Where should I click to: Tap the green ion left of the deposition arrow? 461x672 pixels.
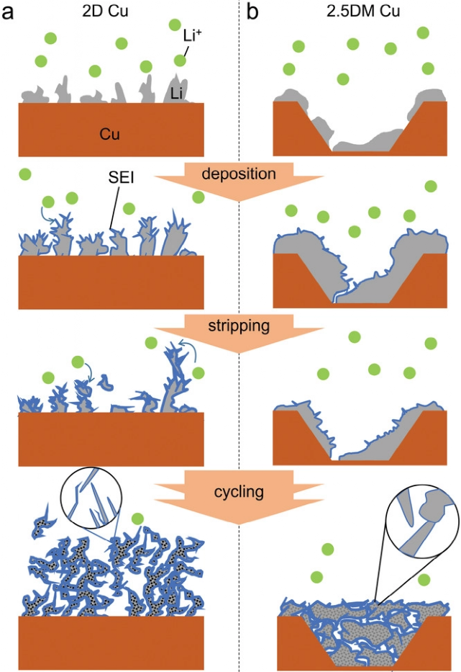[x=25, y=174]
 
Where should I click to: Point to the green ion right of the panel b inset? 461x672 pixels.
[x=424, y=579]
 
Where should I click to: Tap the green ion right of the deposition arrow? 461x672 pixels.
[x=431, y=186]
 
